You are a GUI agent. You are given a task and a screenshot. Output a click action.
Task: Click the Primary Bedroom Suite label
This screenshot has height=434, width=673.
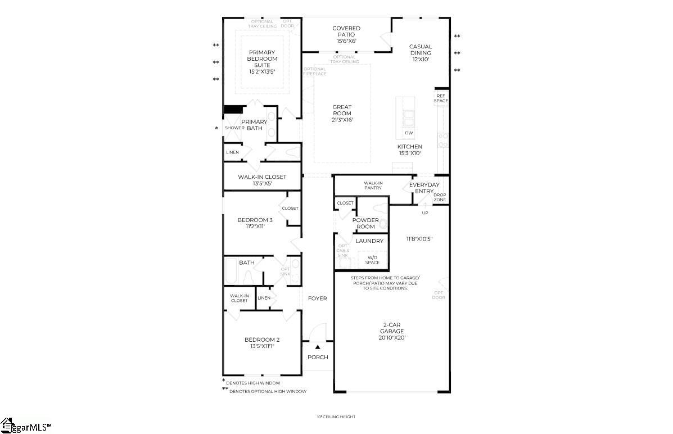point(263,59)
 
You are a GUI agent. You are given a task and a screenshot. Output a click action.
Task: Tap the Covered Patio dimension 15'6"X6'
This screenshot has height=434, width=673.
point(346,41)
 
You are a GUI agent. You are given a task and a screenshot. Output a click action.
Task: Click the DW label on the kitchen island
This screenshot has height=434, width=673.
point(409,133)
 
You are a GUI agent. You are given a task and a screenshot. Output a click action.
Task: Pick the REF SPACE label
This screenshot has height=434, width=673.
point(441,98)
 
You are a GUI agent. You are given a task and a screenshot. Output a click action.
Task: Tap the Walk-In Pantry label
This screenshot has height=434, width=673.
point(373,186)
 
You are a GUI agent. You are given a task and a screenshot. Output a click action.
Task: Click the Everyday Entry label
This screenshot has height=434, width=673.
point(424,188)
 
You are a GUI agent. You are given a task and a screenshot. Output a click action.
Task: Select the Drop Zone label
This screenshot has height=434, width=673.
point(440,197)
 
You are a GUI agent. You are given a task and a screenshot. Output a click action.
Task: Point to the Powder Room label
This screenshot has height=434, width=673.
point(365,223)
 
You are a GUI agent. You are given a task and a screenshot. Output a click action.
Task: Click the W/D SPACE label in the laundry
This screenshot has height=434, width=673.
point(372,260)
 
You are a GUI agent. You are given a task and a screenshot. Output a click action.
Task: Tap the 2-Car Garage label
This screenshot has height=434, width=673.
point(392,331)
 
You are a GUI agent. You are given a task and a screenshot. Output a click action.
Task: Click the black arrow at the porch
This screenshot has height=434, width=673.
point(318,347)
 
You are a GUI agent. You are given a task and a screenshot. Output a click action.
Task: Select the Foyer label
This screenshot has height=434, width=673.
point(318,299)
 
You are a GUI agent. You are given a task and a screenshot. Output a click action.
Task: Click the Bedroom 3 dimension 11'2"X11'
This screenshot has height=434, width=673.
point(255,227)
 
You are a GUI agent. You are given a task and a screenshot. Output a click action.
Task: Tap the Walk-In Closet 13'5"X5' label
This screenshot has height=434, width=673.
point(262,180)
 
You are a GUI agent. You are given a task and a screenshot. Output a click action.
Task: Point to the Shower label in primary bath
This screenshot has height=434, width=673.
point(234,128)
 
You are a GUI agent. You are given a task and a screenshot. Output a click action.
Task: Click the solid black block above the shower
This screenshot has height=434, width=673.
point(232,110)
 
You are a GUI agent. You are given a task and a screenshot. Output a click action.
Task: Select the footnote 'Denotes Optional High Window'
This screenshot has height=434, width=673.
point(268,391)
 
